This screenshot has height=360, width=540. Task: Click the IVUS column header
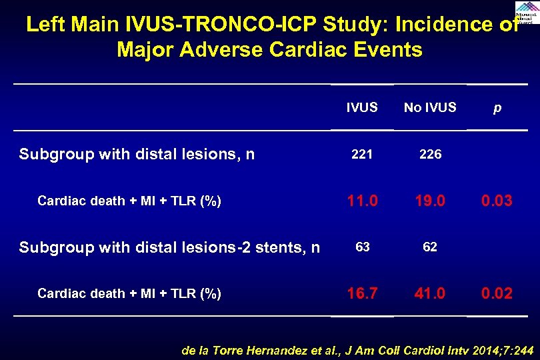pyautogui.click(x=362, y=107)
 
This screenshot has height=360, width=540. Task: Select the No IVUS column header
pyautogui.click(x=430, y=107)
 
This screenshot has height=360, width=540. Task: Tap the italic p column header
pyautogui.click(x=497, y=108)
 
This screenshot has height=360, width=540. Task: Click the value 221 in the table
pyautogui.click(x=362, y=155)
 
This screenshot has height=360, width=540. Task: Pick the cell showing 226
pyautogui.click(x=430, y=155)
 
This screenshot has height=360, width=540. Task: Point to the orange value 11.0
pyautogui.click(x=362, y=200)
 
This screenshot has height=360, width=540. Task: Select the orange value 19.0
pyautogui.click(x=430, y=200)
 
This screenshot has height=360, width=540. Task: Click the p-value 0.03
pyautogui.click(x=497, y=200)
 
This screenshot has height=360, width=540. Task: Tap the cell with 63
pyautogui.click(x=362, y=247)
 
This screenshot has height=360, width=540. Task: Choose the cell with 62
pyautogui.click(x=430, y=247)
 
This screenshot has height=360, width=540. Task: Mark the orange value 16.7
pyautogui.click(x=362, y=293)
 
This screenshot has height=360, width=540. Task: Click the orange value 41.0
pyautogui.click(x=430, y=293)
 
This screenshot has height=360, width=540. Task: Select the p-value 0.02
pyautogui.click(x=497, y=293)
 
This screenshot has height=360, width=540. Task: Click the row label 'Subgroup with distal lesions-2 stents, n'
pyautogui.click(x=169, y=247)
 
